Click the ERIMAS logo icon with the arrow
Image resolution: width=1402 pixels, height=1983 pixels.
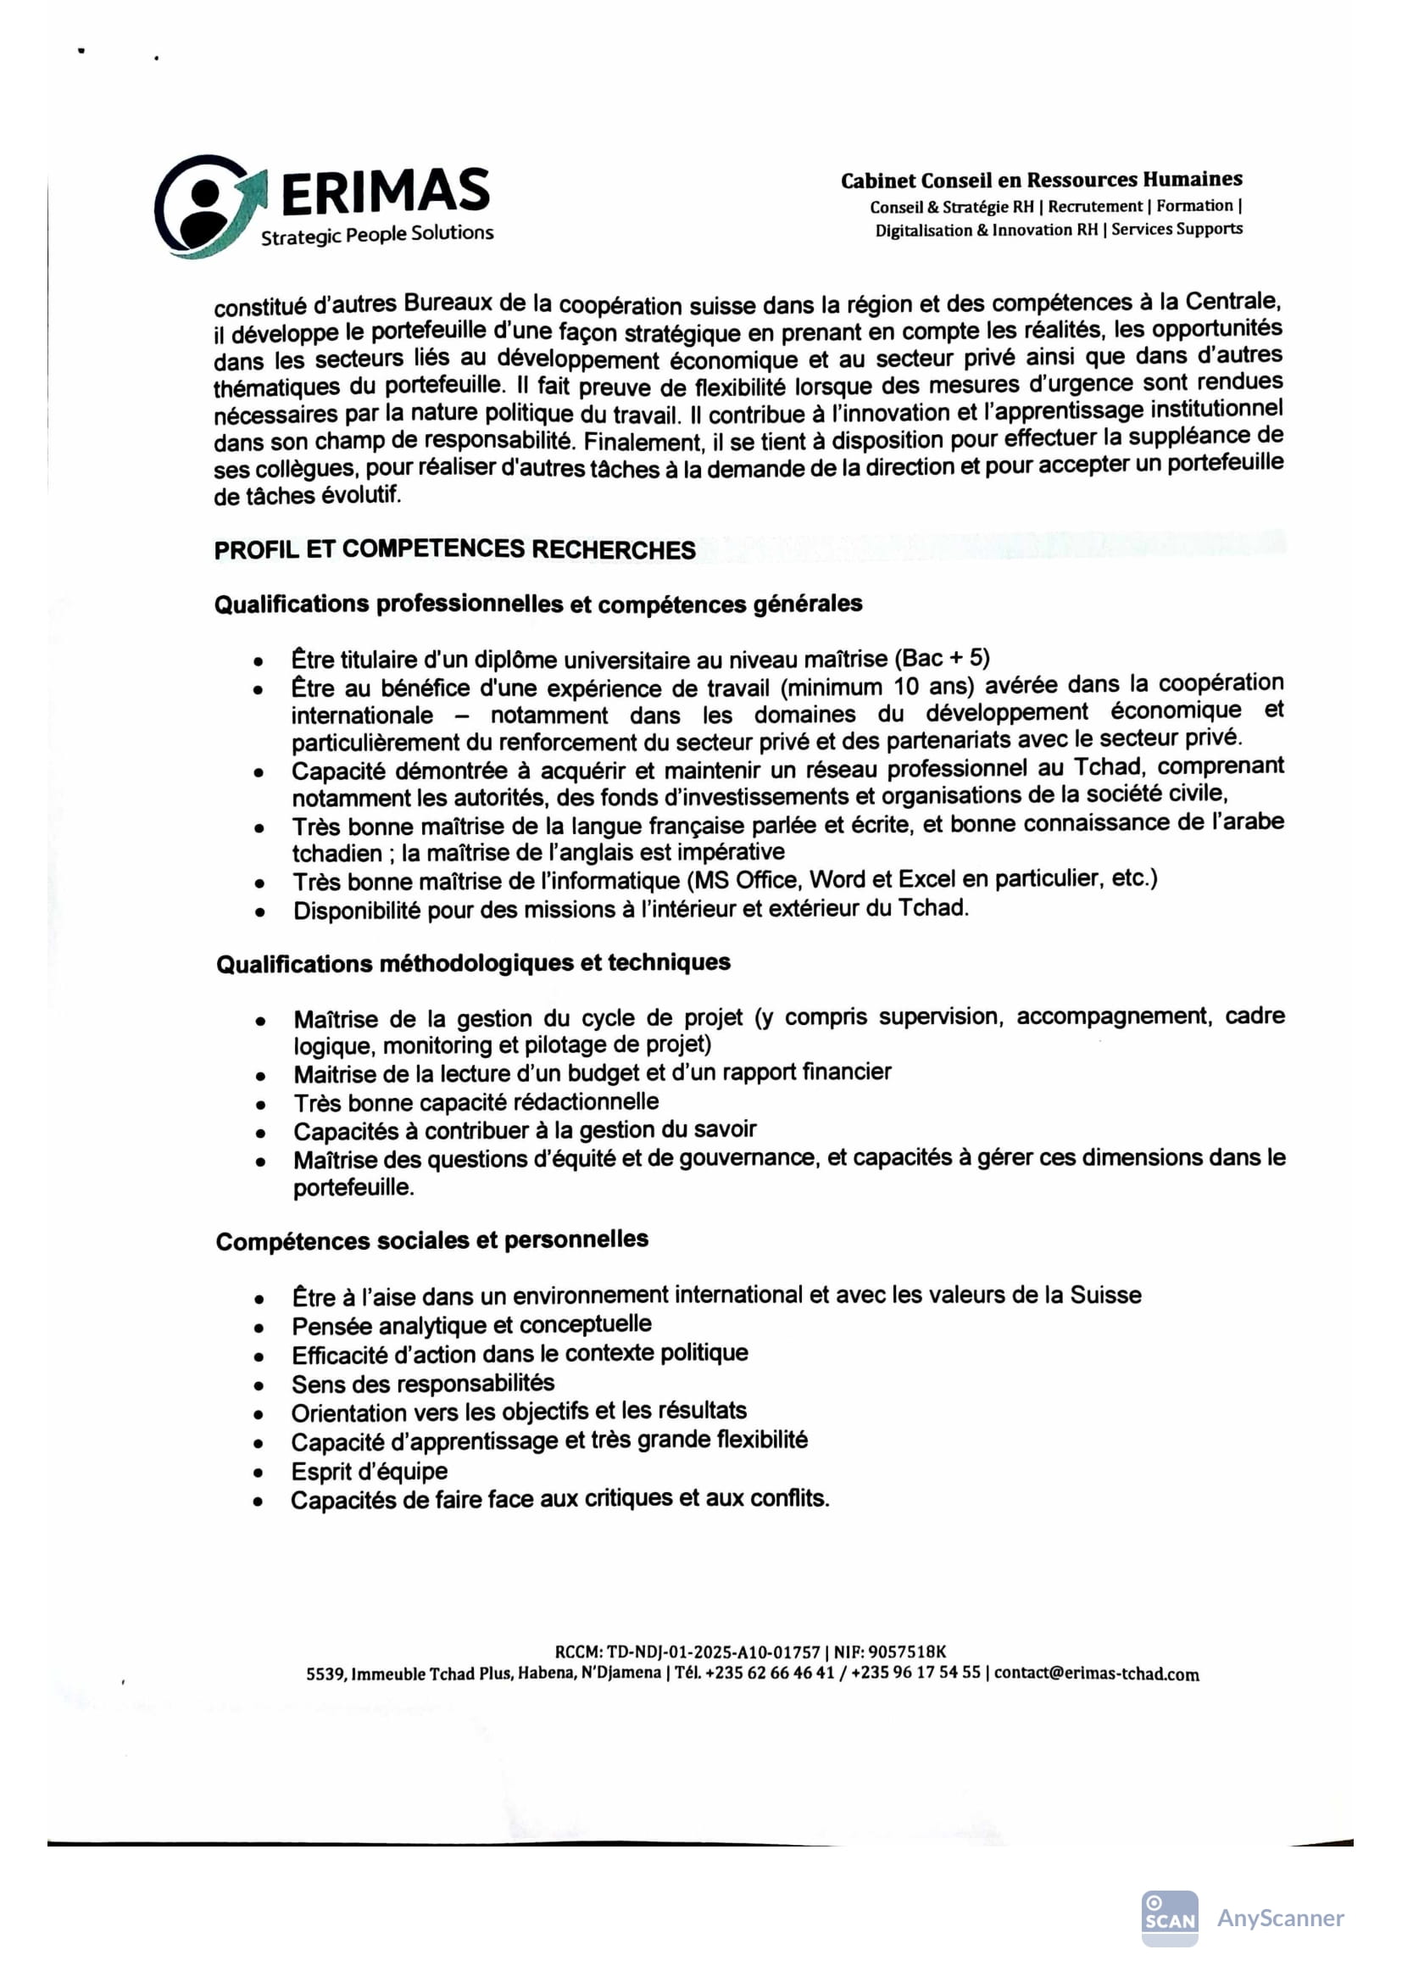(208, 206)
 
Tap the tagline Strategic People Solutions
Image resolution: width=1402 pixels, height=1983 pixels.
(377, 235)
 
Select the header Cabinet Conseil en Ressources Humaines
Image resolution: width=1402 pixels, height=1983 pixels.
(1041, 180)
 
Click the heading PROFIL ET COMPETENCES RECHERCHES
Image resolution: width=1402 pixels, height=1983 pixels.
(454, 549)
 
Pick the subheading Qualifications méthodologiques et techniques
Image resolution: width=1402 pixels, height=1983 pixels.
(473, 962)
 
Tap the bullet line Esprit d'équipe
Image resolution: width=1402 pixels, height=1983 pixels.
(370, 1472)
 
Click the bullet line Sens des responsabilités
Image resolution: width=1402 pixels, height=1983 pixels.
(423, 1384)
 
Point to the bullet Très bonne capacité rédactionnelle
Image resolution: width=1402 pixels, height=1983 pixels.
(476, 1102)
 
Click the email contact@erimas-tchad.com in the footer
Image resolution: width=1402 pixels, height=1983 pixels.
(1096, 1674)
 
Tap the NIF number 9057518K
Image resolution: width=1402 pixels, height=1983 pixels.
(907, 1652)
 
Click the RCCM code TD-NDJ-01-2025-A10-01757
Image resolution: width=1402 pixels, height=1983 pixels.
(713, 1652)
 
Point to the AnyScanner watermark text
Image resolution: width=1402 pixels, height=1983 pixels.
(1280, 1919)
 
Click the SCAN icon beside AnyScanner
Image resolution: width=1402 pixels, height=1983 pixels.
(1170, 1919)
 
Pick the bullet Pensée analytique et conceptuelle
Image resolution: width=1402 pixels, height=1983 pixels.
(471, 1325)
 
